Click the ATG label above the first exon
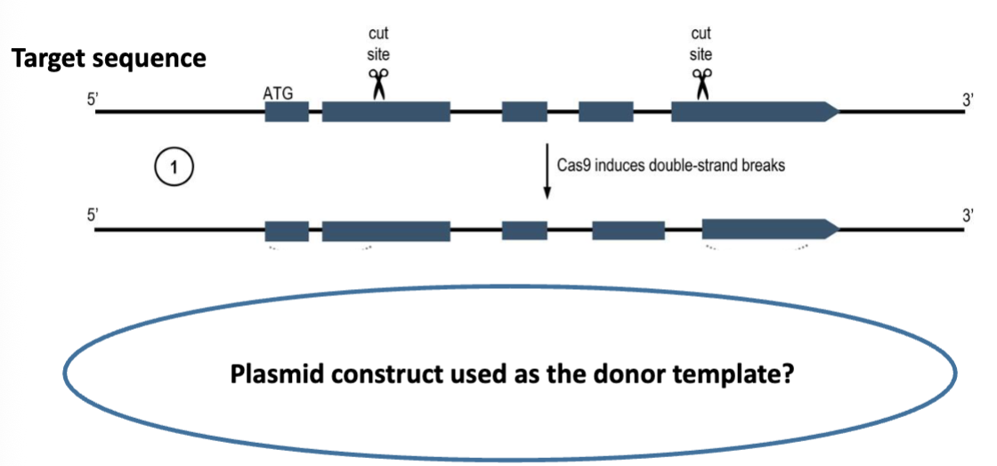(279, 91)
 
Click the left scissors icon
(378, 84)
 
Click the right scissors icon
(701, 84)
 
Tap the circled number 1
(174, 167)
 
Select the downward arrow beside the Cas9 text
(547, 169)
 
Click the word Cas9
(574, 165)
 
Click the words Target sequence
(109, 60)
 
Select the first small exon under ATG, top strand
(287, 112)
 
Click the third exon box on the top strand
(524, 112)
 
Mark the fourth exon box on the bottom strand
(628, 230)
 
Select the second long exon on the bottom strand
(385, 230)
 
